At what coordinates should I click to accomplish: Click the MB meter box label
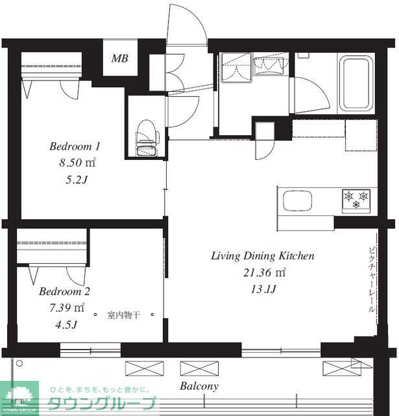(119, 58)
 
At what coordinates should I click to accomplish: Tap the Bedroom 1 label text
(75, 146)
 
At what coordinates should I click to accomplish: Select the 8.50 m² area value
(77, 162)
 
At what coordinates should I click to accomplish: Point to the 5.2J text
(77, 180)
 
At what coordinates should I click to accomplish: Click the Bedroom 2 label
(65, 291)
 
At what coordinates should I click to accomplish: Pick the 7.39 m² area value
(67, 307)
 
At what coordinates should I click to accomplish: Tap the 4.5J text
(66, 324)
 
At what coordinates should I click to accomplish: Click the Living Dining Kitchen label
(263, 256)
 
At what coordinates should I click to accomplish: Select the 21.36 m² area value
(265, 272)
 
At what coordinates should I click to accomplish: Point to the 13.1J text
(263, 289)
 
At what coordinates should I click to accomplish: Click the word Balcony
(199, 386)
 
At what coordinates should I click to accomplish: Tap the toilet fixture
(147, 138)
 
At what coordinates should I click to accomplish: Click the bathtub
(356, 84)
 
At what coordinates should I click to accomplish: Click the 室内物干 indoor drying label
(123, 315)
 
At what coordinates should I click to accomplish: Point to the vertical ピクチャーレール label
(372, 280)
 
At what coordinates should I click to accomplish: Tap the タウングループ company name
(102, 404)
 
